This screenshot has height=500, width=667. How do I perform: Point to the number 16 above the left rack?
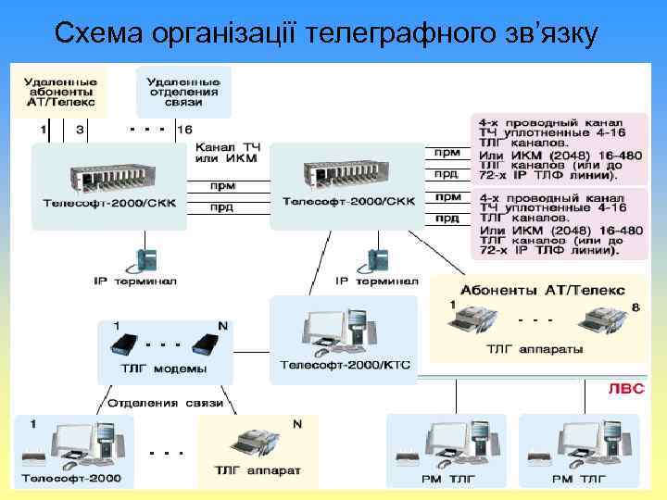(185, 130)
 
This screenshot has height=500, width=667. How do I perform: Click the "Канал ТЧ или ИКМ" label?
(226, 154)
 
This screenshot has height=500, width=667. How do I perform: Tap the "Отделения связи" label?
(166, 404)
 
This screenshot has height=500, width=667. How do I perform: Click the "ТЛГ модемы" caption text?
(166, 369)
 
